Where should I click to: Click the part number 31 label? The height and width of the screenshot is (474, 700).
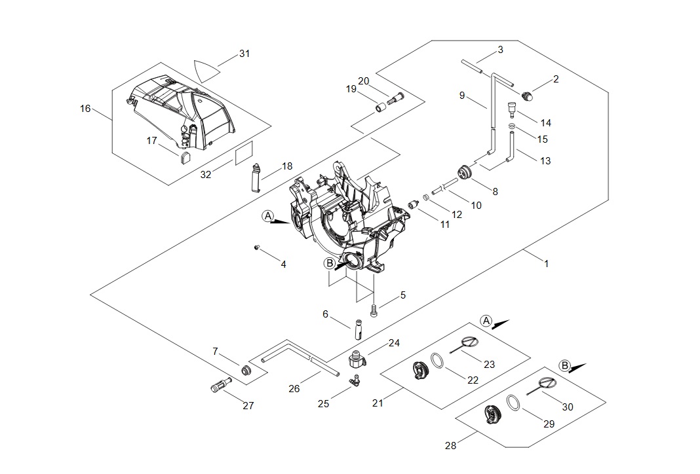[244, 53]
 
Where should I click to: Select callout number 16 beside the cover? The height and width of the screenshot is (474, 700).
[85, 109]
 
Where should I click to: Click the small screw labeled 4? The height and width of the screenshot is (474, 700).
[258, 247]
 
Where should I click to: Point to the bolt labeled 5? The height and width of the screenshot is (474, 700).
[374, 310]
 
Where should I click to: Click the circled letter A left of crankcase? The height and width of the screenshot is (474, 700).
[267, 215]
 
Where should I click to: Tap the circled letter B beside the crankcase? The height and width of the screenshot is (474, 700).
[330, 263]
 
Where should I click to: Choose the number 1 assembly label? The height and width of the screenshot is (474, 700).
[546, 264]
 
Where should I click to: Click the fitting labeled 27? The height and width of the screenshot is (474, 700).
[218, 386]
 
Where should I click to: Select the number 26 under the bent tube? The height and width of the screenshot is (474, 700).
[294, 388]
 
